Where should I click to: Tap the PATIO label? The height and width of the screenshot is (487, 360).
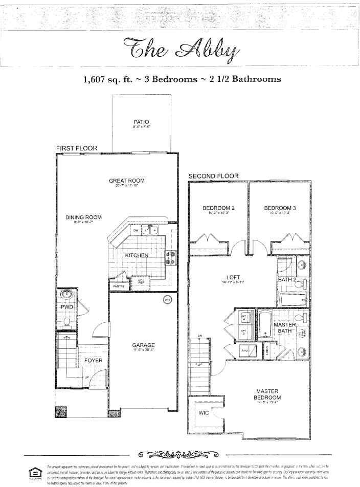click(x=138, y=121)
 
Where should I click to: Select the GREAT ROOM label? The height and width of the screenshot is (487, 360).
click(x=126, y=181)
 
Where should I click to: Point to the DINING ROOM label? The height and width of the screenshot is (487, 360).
click(x=83, y=217)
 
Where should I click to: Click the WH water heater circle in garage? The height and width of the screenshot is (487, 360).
click(x=167, y=299)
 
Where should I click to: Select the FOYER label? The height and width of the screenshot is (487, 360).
click(x=93, y=361)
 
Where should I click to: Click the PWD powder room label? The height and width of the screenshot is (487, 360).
click(x=67, y=307)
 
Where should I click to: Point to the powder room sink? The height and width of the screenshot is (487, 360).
click(x=66, y=295)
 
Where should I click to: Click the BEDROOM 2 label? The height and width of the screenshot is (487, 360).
click(x=218, y=208)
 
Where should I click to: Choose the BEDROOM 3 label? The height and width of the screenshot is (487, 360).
click(x=280, y=208)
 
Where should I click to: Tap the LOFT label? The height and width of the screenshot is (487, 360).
click(x=233, y=278)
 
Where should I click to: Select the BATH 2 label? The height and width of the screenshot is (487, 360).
click(x=287, y=280)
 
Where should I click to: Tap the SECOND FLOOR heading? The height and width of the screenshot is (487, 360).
click(x=213, y=176)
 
